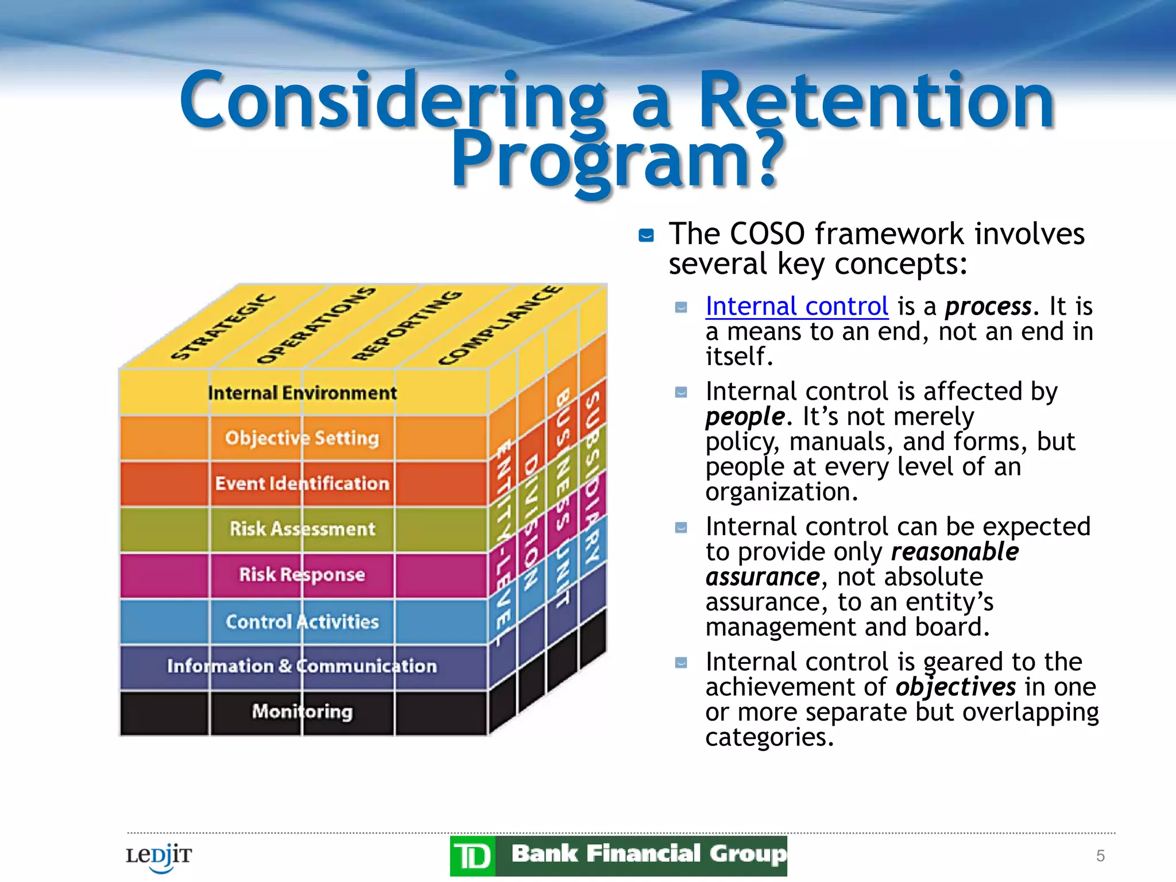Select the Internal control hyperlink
pos(796,306)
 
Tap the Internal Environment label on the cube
pos(302,393)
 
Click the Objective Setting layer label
pos(302,438)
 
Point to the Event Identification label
pos(302,483)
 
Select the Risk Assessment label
pos(302,529)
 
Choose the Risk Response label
pos(302,574)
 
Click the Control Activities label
pos(302,621)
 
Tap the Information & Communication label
pos(302,666)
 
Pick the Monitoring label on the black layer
pos(302,712)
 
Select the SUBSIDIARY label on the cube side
pos(592,477)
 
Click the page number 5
pos(1100,856)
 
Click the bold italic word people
pos(745,416)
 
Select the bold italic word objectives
pos(955,687)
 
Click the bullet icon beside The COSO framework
pos(646,235)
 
